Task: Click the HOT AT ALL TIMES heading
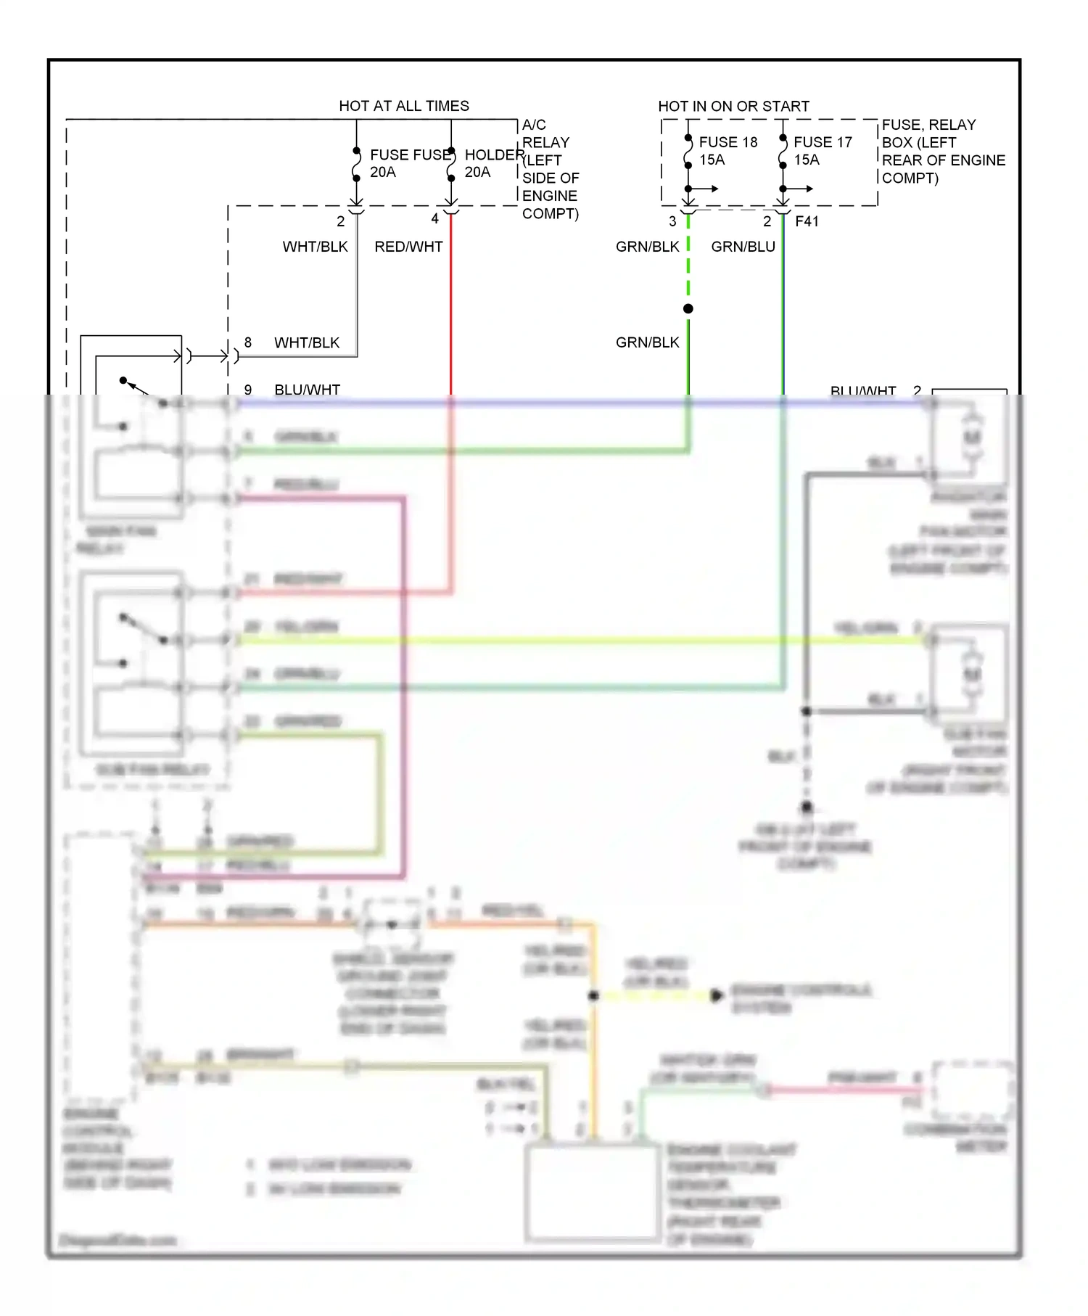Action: [x=403, y=106]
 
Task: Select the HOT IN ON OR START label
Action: [x=733, y=106]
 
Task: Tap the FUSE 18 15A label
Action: [x=728, y=151]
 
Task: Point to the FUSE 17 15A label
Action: [x=822, y=151]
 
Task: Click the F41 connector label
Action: [x=807, y=221]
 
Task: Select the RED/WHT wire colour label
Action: [x=408, y=247]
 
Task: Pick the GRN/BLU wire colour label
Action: [x=743, y=247]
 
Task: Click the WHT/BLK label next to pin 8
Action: [x=306, y=342]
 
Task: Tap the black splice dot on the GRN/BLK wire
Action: [x=688, y=308]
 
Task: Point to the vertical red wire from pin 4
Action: [x=451, y=305]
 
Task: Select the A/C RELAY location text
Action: [x=550, y=169]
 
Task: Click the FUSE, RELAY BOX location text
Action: [x=942, y=151]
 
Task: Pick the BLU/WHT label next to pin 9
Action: [x=307, y=390]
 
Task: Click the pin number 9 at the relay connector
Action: [x=248, y=390]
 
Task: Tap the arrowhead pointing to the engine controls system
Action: [x=717, y=995]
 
